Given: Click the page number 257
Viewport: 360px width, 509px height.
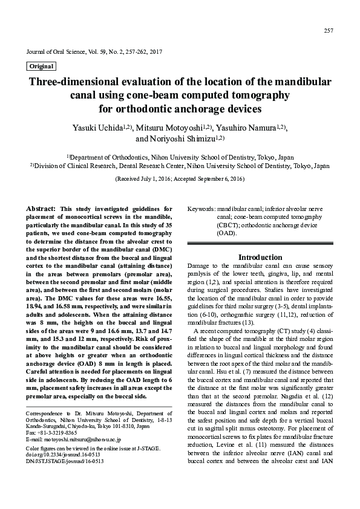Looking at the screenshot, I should coord(329,30).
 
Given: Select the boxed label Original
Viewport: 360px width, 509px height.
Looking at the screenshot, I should coord(41,66).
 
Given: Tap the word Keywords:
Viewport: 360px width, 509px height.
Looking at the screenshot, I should coord(201,208).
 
